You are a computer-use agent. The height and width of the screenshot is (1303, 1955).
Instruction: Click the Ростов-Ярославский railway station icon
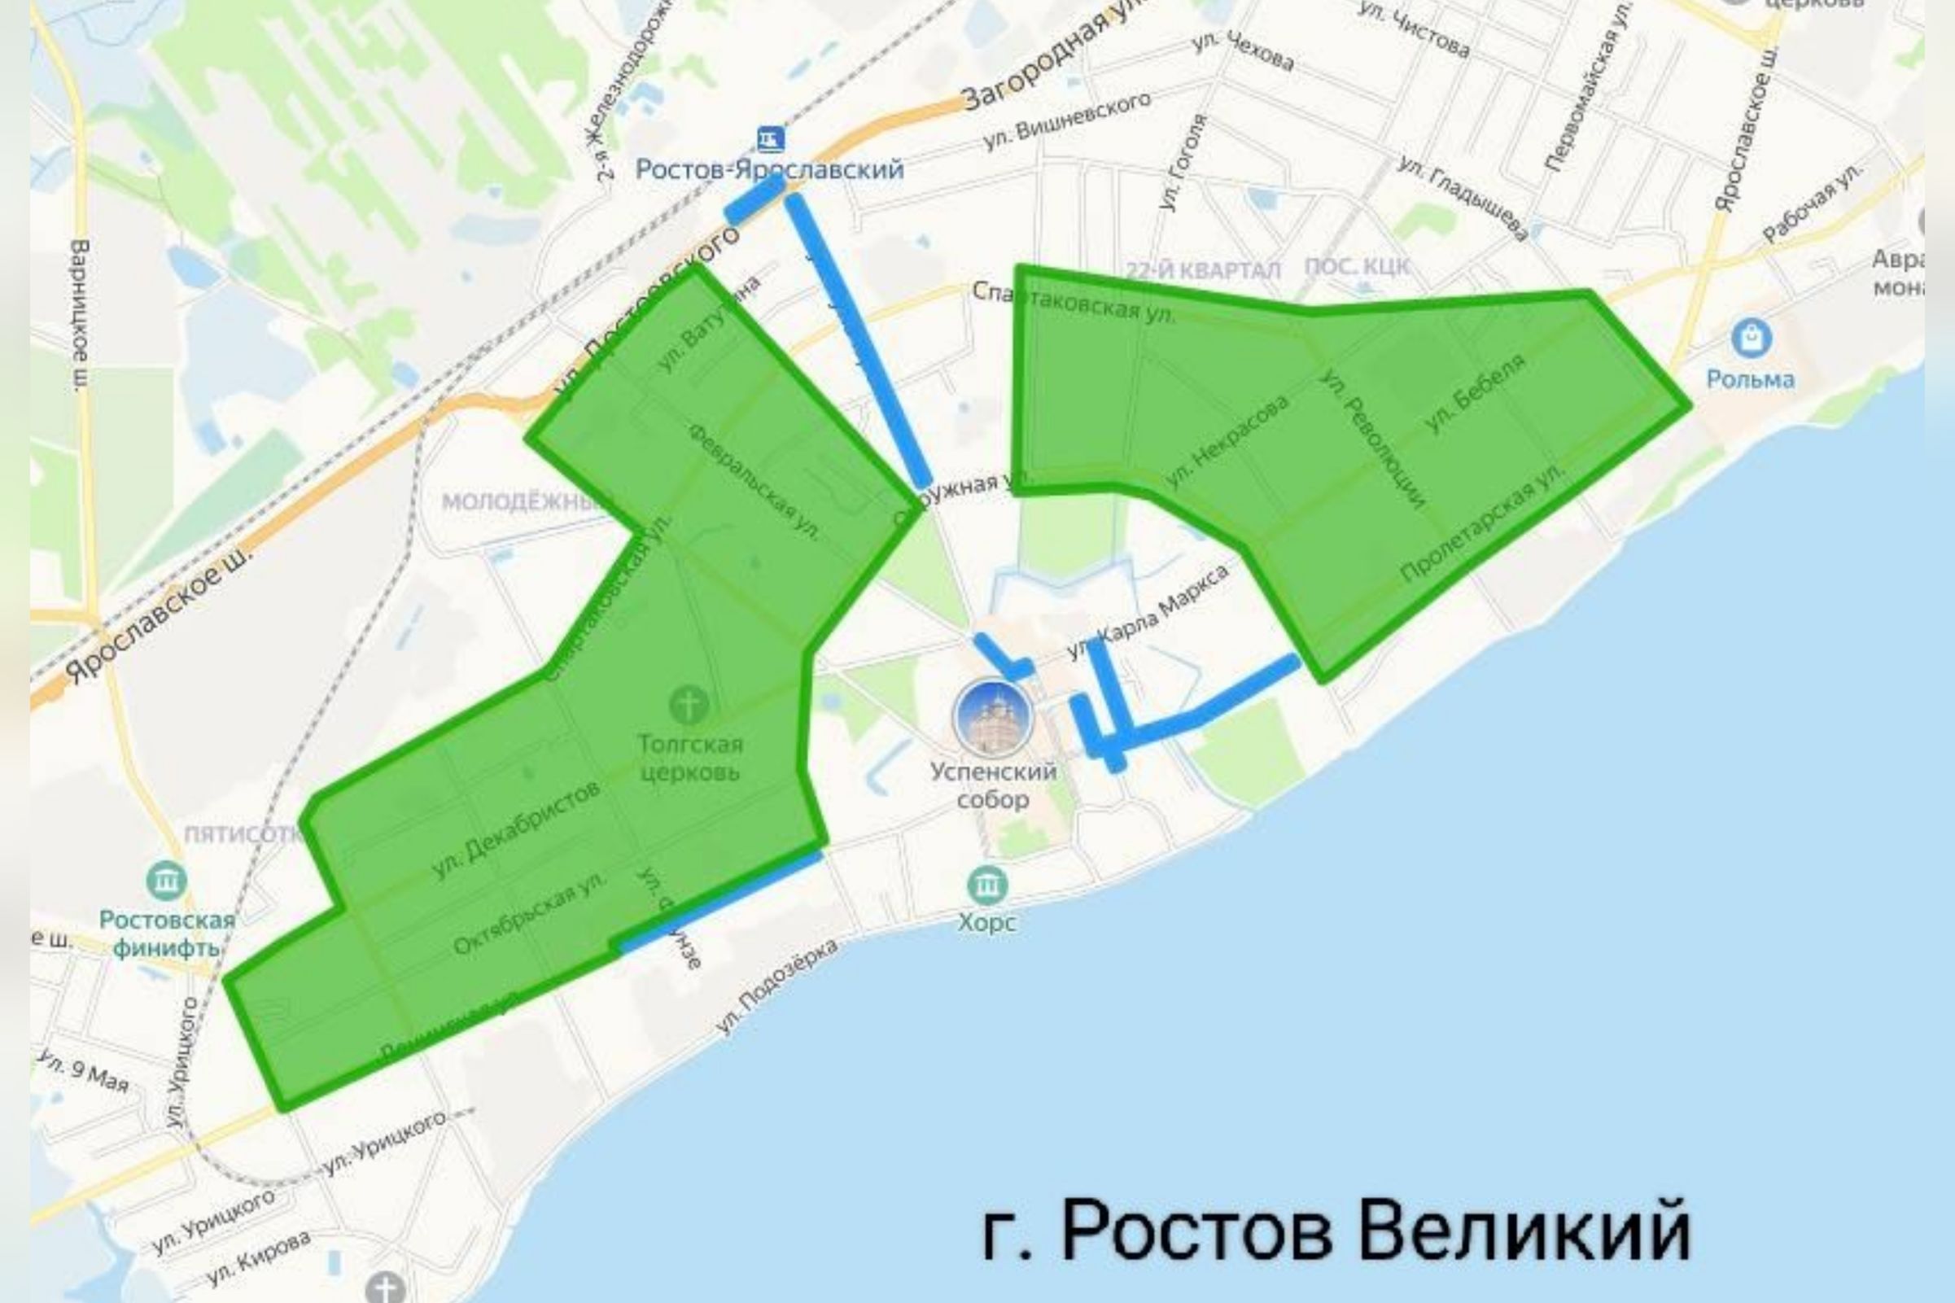coord(769,137)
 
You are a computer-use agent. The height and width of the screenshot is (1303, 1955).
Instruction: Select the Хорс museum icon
coord(987,884)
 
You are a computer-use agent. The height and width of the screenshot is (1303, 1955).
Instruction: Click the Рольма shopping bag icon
coord(1751,339)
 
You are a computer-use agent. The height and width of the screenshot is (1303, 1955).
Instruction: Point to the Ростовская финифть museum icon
coord(166,880)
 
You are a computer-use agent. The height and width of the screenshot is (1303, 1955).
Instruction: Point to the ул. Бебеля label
coord(1476,393)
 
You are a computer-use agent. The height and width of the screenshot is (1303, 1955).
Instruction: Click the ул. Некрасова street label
coord(1228,442)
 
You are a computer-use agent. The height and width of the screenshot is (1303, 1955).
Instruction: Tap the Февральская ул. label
coord(754,481)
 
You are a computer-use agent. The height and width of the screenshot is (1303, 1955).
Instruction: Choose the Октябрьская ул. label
coord(529,912)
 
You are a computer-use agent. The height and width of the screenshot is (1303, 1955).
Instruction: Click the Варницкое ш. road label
coord(80,315)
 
